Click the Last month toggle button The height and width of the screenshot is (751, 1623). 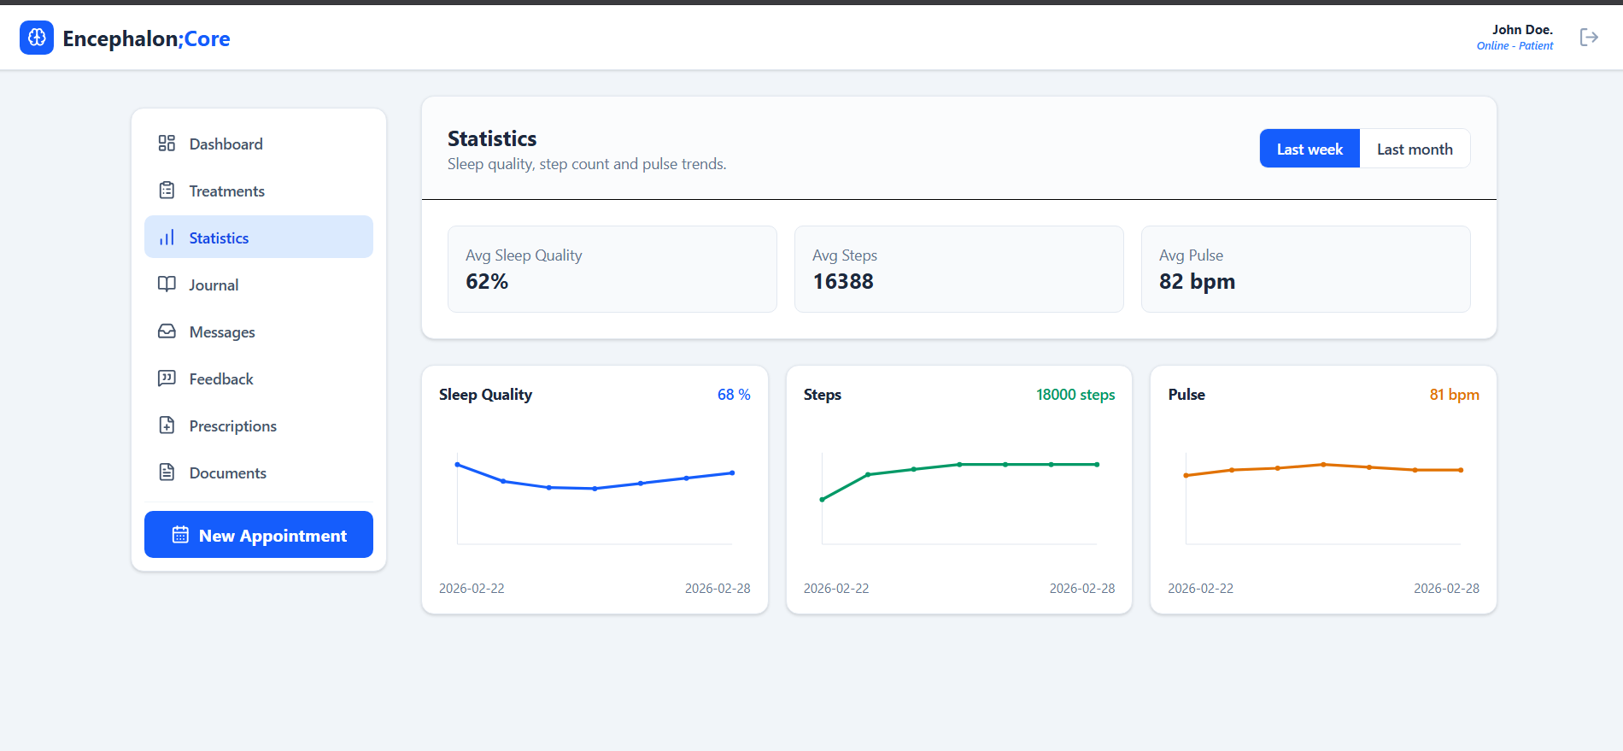(x=1415, y=149)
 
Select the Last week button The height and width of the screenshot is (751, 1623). (x=1310, y=149)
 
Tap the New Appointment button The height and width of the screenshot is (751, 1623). (x=259, y=535)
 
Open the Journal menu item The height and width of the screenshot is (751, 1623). (x=214, y=285)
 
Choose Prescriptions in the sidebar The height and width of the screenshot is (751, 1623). (x=232, y=425)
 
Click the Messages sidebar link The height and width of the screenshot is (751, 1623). (x=222, y=331)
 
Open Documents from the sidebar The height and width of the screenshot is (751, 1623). (x=227, y=472)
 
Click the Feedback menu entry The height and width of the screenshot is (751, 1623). (x=221, y=378)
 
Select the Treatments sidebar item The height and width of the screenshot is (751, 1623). (x=226, y=191)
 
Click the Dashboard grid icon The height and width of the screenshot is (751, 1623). (x=167, y=144)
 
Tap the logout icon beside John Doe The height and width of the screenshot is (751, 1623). (x=1589, y=37)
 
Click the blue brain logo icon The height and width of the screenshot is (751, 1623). (x=37, y=38)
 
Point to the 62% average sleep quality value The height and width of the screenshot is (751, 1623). (x=487, y=281)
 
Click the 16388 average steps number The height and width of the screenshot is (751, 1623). (x=843, y=281)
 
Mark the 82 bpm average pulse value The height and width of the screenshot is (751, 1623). (x=1197, y=281)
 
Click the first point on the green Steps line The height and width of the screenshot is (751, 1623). (x=822, y=499)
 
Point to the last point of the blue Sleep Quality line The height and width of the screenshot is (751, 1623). (x=732, y=472)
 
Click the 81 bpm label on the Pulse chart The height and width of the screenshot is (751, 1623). (x=1454, y=394)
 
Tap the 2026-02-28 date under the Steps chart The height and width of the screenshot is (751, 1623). (x=1081, y=588)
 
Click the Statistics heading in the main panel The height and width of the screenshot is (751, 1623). (x=492, y=138)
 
